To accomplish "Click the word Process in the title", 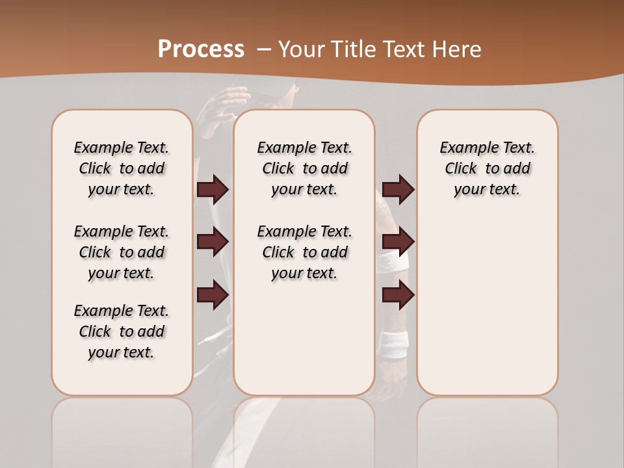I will (201, 49).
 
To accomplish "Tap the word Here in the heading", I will (458, 49).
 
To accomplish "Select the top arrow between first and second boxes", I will (213, 189).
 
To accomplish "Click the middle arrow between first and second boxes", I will (213, 242).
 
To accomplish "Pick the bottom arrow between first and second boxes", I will (213, 294).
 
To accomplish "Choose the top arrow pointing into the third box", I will (398, 189).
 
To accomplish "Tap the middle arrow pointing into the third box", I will (398, 242).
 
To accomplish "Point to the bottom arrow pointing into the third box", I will (398, 294).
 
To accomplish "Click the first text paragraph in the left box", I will (122, 168).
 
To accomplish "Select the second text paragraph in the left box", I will (122, 252).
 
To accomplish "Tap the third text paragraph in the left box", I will (122, 331).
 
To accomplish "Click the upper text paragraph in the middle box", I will (305, 168).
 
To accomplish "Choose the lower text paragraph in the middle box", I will (305, 252).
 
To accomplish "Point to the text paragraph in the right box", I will (487, 168).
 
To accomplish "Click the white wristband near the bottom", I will (394, 343).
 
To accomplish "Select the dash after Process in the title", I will (265, 50).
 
